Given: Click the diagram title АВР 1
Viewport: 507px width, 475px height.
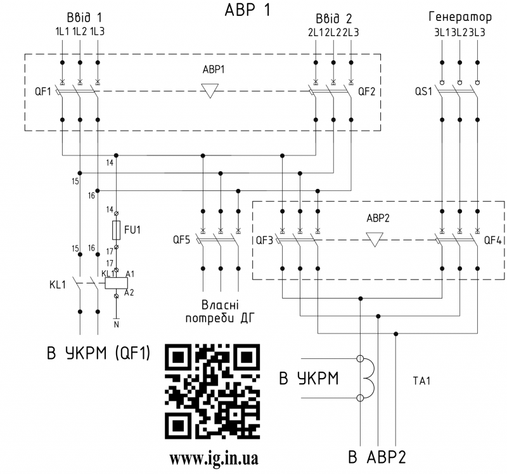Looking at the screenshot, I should point(247,11).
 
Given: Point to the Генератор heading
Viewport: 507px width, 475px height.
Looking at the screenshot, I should point(459,16).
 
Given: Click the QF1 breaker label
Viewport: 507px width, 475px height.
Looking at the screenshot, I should point(43,91).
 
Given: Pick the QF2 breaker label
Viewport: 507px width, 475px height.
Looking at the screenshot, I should point(366,91).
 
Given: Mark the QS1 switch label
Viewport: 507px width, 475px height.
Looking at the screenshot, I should point(423,91).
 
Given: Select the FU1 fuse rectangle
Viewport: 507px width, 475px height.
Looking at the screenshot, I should point(117,229).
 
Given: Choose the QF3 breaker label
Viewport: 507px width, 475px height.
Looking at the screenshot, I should point(264,240).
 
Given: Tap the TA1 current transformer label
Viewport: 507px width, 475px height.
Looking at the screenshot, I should point(421,381).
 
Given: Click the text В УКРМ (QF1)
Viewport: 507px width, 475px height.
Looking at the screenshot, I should point(98,354).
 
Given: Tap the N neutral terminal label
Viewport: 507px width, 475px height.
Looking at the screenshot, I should point(116,325).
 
